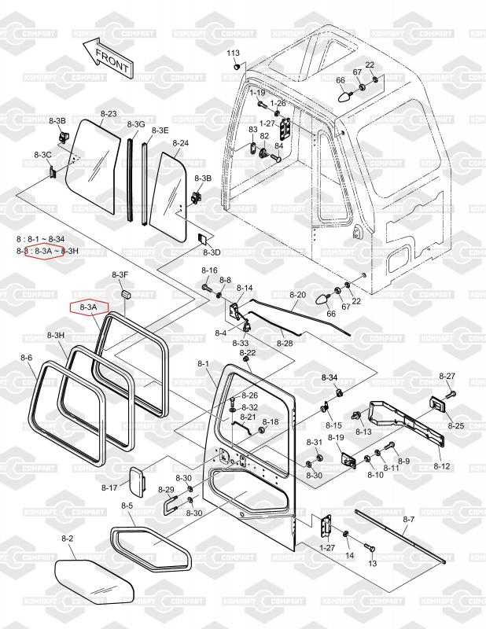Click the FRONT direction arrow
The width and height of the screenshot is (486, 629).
coord(104,57)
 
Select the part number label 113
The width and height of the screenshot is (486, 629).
coord(233,53)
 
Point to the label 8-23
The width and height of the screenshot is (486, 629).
coord(109,115)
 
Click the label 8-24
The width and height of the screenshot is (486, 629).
coord(180,144)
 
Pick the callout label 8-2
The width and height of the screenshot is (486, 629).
coord(67,539)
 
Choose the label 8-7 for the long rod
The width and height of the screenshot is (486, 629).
coord(408,520)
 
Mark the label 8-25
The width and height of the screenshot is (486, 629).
coord(456,425)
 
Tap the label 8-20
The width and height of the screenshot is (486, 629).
coord(297,295)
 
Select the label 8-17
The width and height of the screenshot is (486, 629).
coord(109,488)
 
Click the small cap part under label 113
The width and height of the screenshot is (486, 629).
coord(235,67)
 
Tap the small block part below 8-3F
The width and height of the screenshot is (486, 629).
coord(123,293)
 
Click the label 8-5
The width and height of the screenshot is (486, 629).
coord(127,506)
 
